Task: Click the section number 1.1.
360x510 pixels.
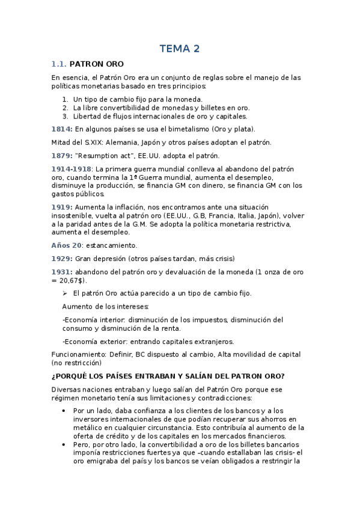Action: [59, 64]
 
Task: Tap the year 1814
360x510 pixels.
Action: [62, 129]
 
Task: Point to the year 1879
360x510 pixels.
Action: [62, 155]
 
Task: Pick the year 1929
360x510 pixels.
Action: [62, 259]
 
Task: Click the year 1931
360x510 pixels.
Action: [62, 272]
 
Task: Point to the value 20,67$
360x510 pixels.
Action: [72, 280]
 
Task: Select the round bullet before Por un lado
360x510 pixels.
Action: [65, 411]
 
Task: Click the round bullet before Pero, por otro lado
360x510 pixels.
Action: [65, 445]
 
